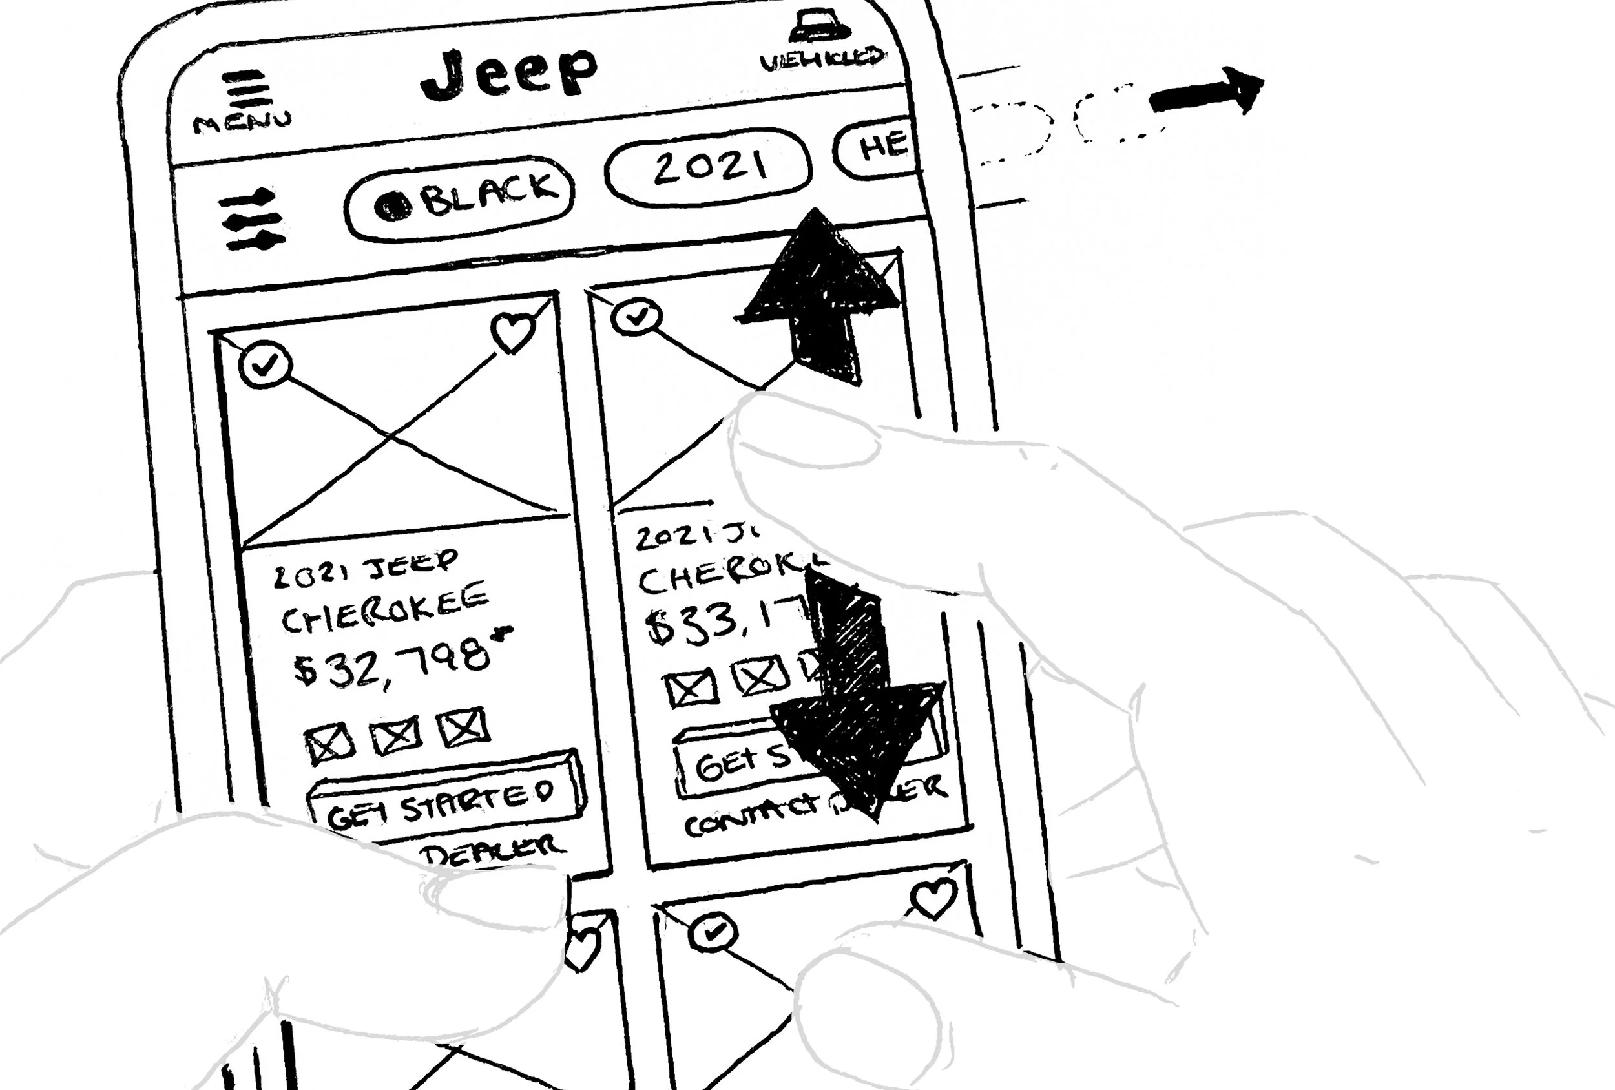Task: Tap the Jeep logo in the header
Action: point(508,72)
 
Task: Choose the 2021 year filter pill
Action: point(708,167)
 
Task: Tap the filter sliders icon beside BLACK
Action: point(251,220)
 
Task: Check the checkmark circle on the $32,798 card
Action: point(265,364)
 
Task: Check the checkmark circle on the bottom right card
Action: point(713,932)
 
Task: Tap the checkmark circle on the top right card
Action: point(636,317)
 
